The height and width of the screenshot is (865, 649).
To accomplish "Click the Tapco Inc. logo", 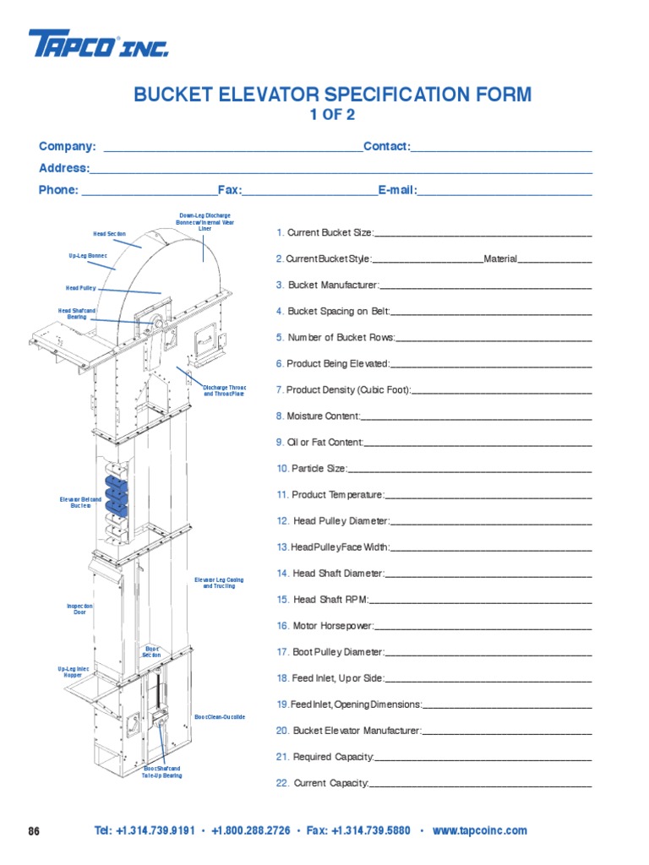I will point(98,44).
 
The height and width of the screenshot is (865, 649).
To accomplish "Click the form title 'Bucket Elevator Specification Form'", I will point(333,95).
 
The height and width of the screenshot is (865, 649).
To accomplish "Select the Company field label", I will point(68,147).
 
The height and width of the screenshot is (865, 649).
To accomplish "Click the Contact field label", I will point(386,147).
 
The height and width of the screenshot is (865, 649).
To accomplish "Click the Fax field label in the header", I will point(229,190).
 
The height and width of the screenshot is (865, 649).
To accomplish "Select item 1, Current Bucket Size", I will point(324,232).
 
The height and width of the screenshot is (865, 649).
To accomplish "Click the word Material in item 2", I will point(500,258).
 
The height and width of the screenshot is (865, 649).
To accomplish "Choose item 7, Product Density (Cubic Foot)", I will point(344,389).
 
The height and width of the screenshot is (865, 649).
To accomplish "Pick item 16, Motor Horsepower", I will point(325,626).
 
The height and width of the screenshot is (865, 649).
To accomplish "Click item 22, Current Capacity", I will point(323,783).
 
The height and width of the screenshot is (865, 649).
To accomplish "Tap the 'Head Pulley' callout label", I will point(81,288).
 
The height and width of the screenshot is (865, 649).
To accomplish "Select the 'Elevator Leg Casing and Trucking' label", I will point(219,583).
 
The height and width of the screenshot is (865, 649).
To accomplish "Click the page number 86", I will point(34,831).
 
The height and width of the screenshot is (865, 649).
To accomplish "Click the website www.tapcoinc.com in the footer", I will point(479,831).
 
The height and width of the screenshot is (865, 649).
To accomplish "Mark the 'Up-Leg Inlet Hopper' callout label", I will point(74,672).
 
